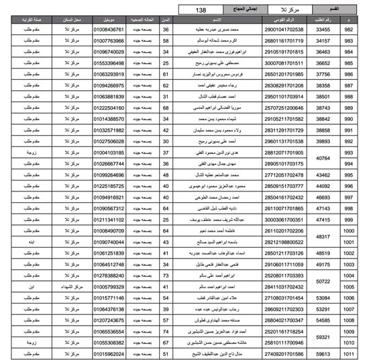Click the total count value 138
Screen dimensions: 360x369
(201, 10)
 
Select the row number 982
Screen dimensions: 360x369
(349, 30)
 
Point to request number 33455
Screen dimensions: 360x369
(324, 30)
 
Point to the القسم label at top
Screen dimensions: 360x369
(349, 10)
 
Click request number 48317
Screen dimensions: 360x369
(324, 236)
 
